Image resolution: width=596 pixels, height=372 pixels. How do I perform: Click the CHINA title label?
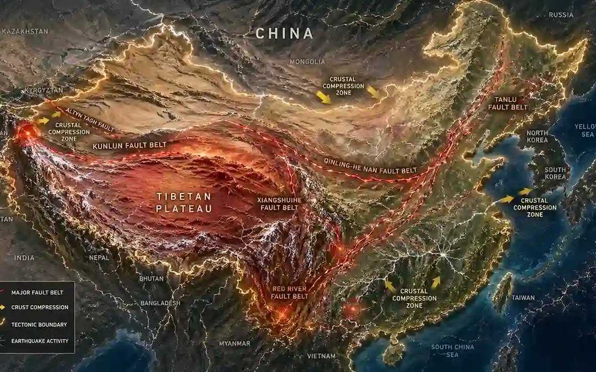tap(284, 34)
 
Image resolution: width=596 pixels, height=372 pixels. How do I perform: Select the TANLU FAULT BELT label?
tap(508, 103)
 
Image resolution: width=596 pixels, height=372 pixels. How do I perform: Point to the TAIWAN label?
tap(523, 298)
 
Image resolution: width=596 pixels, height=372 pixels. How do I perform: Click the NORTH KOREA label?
tap(537, 137)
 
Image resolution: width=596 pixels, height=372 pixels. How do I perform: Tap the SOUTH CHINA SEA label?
tap(453, 351)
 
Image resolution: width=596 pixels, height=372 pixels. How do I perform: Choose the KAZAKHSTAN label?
tap(24, 32)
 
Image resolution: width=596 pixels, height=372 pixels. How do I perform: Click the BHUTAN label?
tap(151, 279)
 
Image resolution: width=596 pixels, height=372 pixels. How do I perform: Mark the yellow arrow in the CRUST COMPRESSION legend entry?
tap(7, 308)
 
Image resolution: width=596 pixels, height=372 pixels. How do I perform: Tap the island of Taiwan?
tap(502, 292)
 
